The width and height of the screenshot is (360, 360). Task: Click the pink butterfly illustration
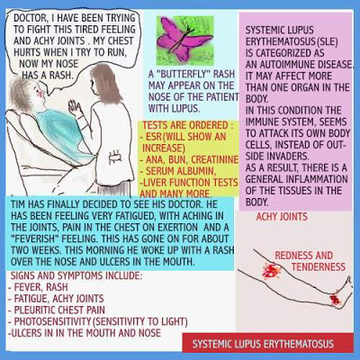pos(184,39)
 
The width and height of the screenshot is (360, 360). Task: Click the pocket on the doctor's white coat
pos(115,157)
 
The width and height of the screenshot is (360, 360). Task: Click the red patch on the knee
pos(271,270)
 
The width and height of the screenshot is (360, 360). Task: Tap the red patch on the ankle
pos(335,299)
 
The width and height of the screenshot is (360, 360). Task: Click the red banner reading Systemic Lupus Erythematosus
pos(268,343)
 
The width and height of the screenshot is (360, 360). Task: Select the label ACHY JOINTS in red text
pos(282,217)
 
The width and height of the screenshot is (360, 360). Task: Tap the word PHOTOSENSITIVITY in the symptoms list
pos(52,321)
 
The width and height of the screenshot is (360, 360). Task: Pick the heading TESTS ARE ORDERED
pos(187,125)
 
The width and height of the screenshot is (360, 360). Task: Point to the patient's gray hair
pos(23,92)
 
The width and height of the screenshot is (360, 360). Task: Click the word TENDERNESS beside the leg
pos(319,266)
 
